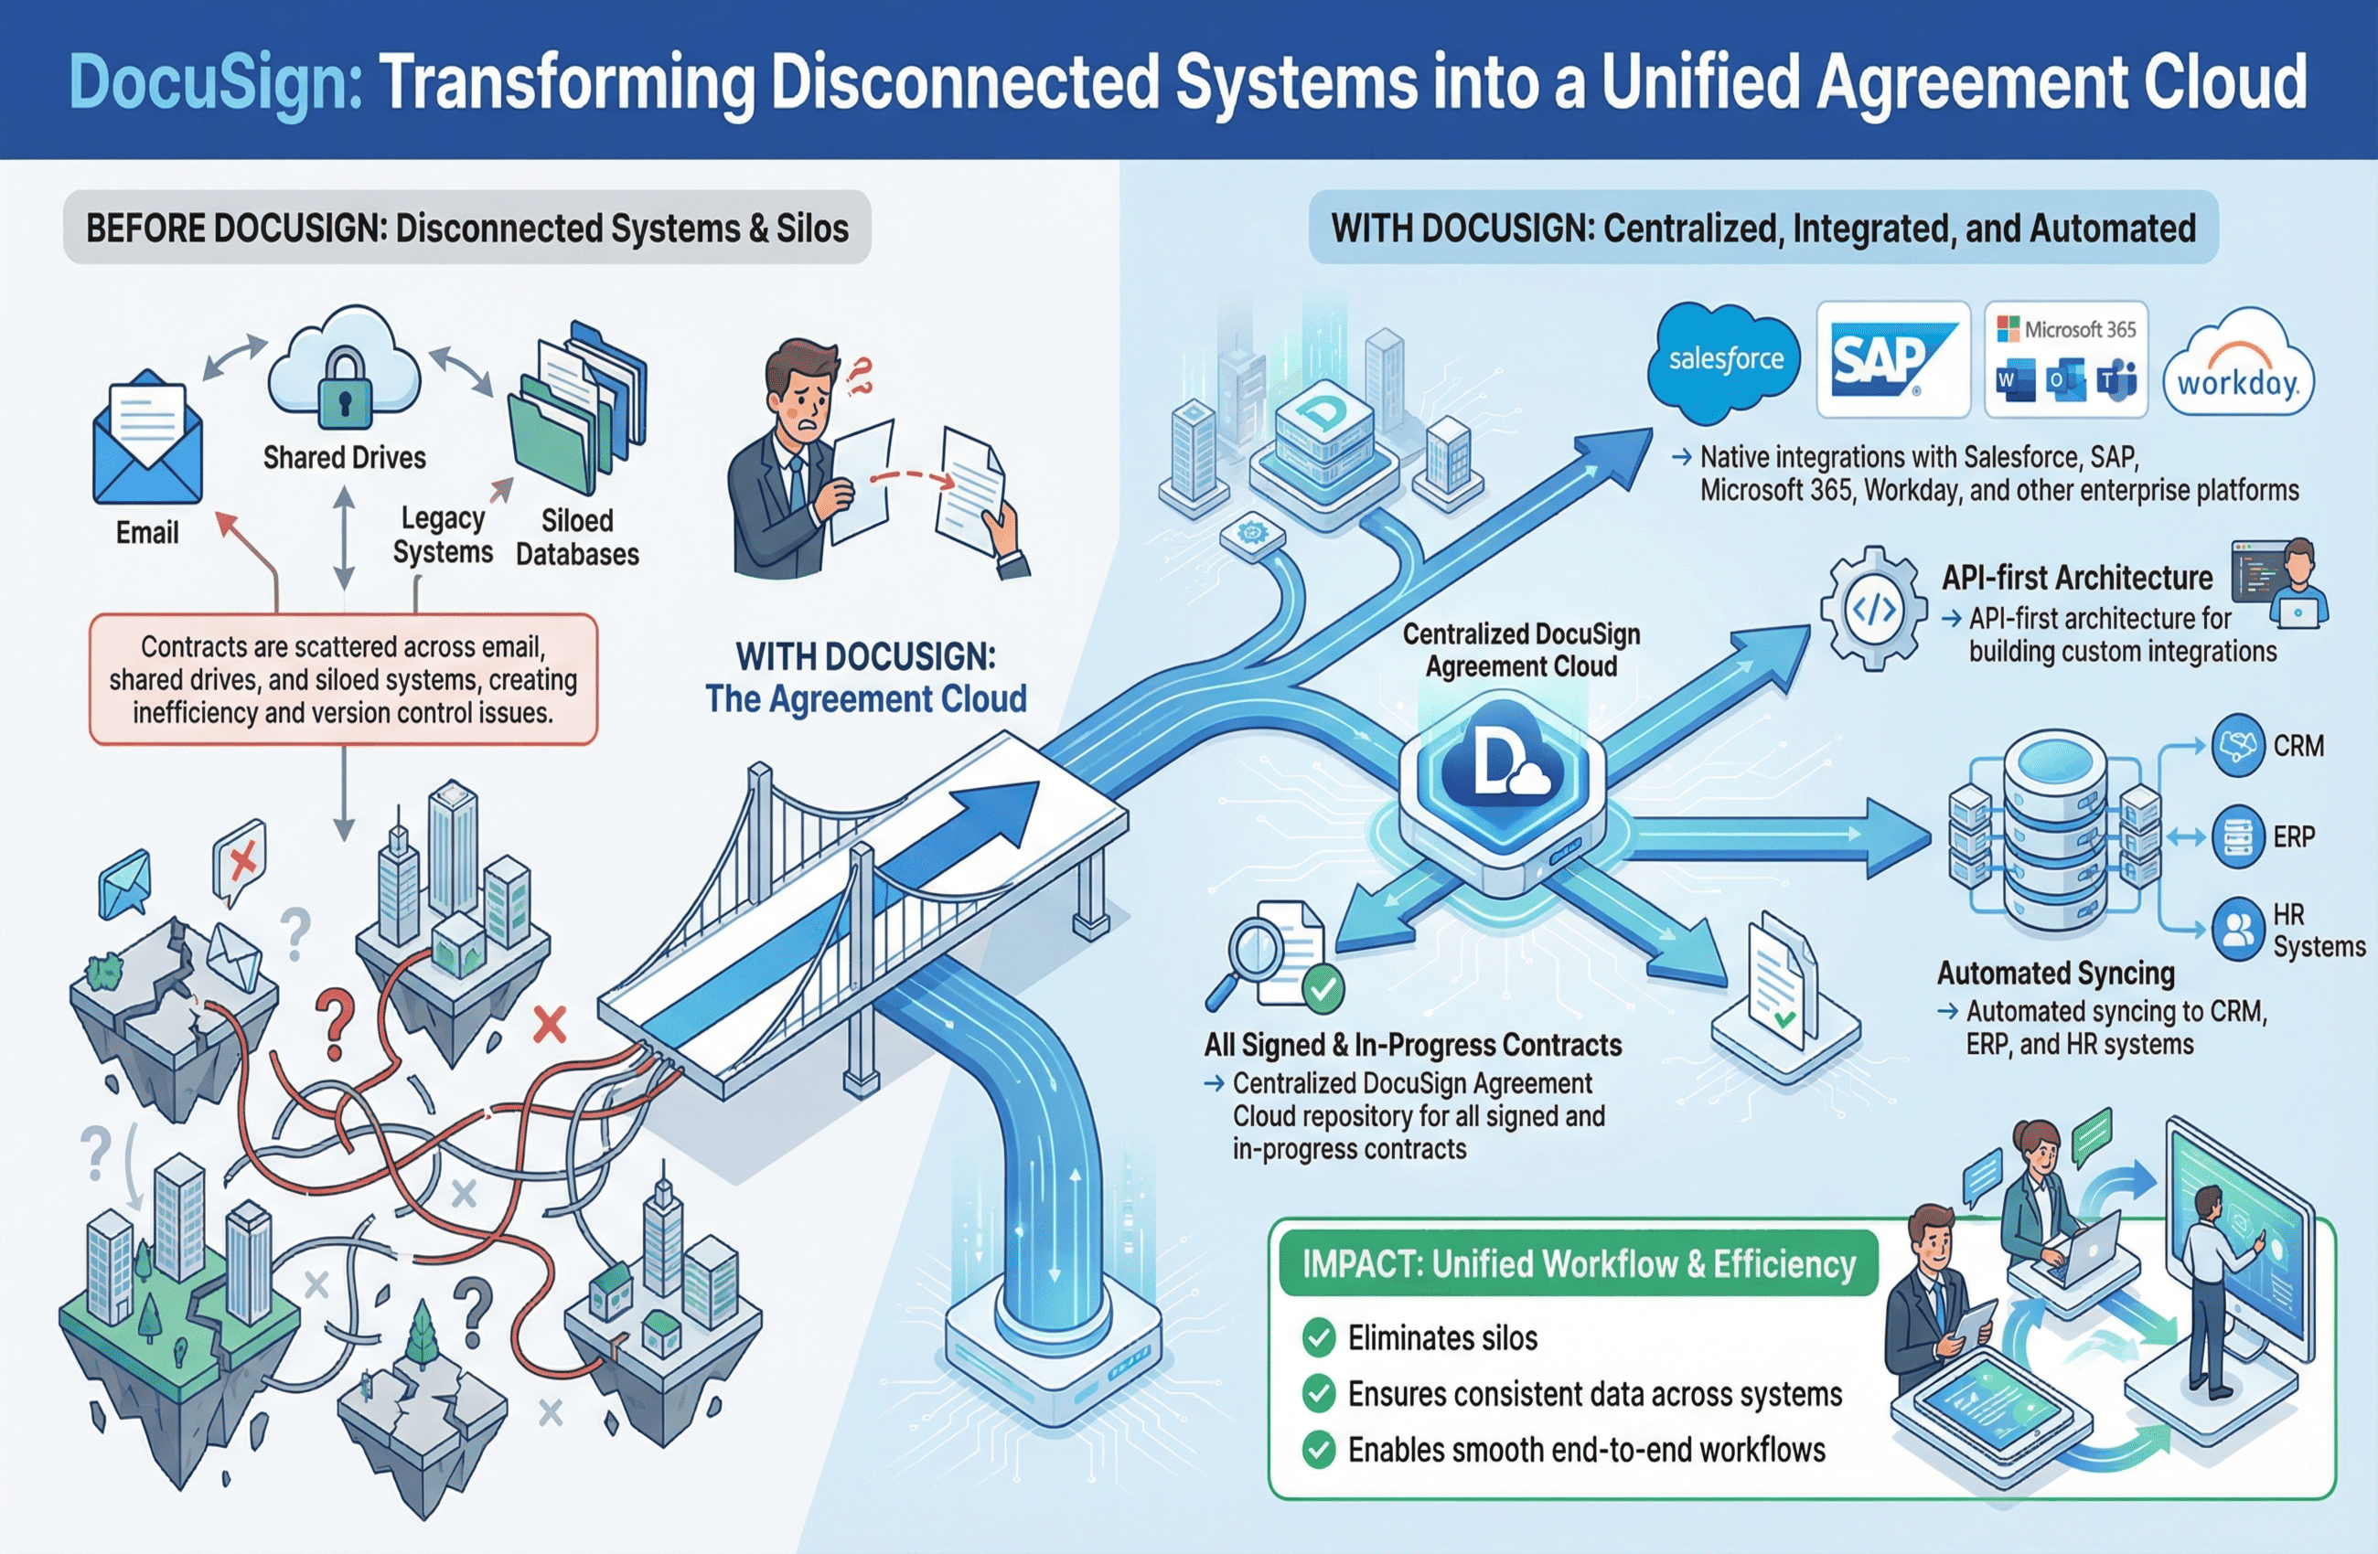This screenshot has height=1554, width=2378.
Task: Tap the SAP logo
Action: [1891, 359]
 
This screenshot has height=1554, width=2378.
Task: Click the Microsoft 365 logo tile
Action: [2065, 359]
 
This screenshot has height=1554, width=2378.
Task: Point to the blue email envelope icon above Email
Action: [147, 440]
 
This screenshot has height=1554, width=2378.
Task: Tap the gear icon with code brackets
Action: [1873, 608]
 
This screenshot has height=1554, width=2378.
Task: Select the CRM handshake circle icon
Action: [2238, 745]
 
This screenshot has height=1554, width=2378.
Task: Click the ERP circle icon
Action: [2238, 836]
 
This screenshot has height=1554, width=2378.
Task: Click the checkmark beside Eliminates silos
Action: [1319, 1337]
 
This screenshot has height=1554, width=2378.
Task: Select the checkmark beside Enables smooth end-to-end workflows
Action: [1319, 1449]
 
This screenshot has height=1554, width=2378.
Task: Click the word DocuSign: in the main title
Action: [215, 82]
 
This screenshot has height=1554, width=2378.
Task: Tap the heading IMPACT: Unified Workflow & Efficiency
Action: [1579, 1264]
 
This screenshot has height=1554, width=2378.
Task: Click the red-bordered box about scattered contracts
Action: [343, 679]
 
